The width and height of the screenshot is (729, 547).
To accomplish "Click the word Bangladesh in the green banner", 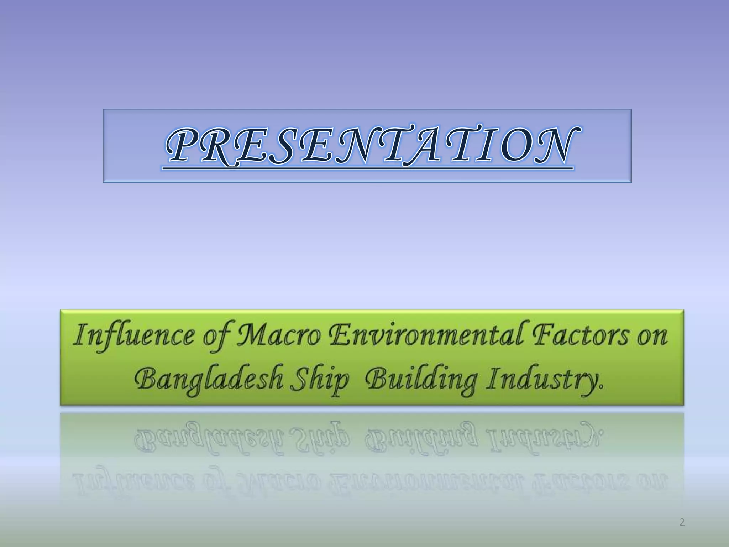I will tap(209, 380).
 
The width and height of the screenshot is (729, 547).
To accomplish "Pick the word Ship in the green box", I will tap(319, 380).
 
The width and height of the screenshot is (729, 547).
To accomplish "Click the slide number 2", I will tap(682, 522).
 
